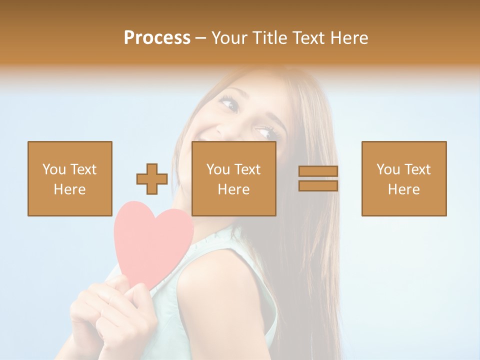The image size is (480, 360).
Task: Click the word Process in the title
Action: click(x=157, y=38)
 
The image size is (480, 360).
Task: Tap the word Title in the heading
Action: click(x=271, y=38)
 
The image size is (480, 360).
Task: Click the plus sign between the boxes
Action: click(x=152, y=179)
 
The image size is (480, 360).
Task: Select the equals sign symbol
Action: click(x=318, y=178)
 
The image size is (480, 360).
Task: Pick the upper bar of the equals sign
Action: click(x=318, y=171)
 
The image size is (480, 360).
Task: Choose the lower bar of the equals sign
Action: click(x=318, y=186)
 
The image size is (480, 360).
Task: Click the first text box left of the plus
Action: click(x=69, y=178)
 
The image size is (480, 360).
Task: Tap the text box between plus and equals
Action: click(x=233, y=178)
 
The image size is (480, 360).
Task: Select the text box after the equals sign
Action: click(x=403, y=178)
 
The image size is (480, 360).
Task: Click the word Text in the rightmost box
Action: click(x=417, y=169)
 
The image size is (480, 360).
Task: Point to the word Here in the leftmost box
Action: click(x=69, y=189)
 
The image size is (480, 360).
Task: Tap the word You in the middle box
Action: click(x=218, y=169)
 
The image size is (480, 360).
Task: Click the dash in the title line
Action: click(x=201, y=38)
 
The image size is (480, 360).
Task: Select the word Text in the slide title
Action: click(x=306, y=38)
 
